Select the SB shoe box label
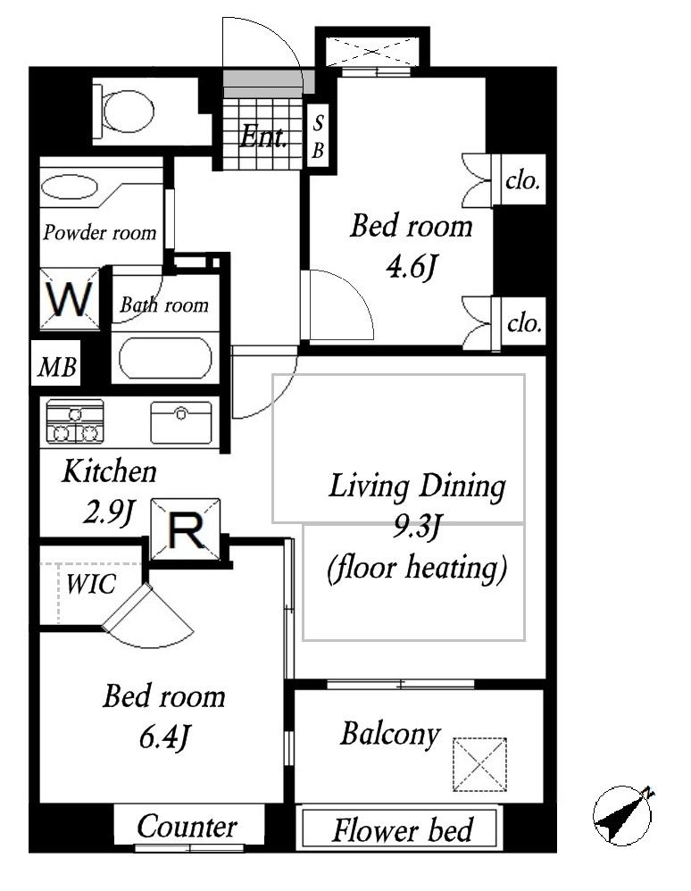[x=317, y=137]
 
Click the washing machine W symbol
[x=71, y=299]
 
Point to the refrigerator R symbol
[x=186, y=530]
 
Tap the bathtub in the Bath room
[x=165, y=358]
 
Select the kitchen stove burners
[x=75, y=421]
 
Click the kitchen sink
[x=181, y=422]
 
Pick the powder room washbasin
[x=70, y=187]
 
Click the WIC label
[x=91, y=585]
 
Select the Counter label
[x=187, y=827]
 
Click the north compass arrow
[x=623, y=814]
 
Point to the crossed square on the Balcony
[x=479, y=763]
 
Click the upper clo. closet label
[x=522, y=181]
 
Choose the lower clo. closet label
[x=523, y=323]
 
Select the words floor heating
[x=418, y=568]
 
